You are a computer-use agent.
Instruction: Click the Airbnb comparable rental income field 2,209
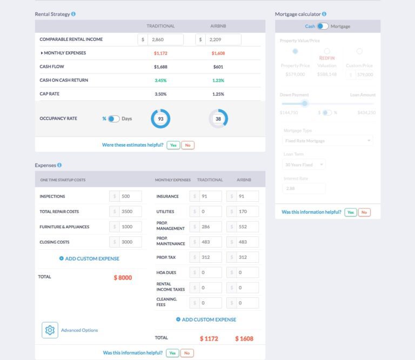pyautogui.click(x=223, y=39)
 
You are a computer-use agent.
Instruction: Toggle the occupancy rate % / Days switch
pyautogui.click(x=113, y=119)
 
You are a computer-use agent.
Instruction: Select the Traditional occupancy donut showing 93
pyautogui.click(x=160, y=119)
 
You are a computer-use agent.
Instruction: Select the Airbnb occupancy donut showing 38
pyautogui.click(x=218, y=119)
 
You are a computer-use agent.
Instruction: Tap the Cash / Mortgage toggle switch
pyautogui.click(x=323, y=26)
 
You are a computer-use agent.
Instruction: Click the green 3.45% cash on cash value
pyautogui.click(x=160, y=80)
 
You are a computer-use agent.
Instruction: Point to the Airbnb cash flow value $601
pyautogui.click(x=218, y=67)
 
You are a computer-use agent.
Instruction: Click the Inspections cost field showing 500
pyautogui.click(x=130, y=196)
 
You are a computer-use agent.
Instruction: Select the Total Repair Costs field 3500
pyautogui.click(x=130, y=212)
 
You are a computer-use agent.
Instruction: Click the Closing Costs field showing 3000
pyautogui.click(x=130, y=242)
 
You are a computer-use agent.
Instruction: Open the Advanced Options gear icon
pyautogui.click(x=50, y=330)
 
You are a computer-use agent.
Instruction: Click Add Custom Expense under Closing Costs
pyautogui.click(x=89, y=259)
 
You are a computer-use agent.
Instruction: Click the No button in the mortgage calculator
pyautogui.click(x=365, y=213)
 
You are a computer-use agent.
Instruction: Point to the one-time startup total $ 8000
pyautogui.click(x=123, y=278)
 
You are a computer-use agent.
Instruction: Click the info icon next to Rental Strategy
pyautogui.click(x=73, y=14)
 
